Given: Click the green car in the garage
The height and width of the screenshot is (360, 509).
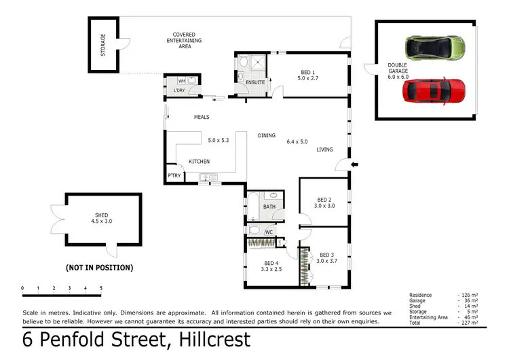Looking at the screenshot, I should (x=435, y=48).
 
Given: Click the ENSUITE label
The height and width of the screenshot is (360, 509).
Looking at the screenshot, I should (x=255, y=83).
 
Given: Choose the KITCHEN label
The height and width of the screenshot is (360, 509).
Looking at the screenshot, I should (x=199, y=161).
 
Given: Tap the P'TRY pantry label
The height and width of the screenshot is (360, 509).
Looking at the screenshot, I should (x=174, y=176).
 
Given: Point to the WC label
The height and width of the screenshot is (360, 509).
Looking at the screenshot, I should (x=269, y=232).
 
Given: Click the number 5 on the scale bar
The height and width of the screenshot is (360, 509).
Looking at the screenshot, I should (x=101, y=288).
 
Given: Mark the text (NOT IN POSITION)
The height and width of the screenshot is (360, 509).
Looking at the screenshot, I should (x=99, y=268).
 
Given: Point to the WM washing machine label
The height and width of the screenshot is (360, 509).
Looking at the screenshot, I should (x=181, y=81).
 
